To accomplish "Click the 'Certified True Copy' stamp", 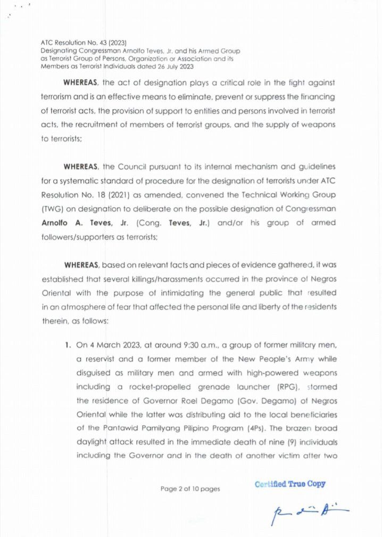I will (x=290, y=484).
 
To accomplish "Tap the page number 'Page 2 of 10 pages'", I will (x=190, y=489).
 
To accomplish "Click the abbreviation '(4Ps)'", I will (x=224, y=427).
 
